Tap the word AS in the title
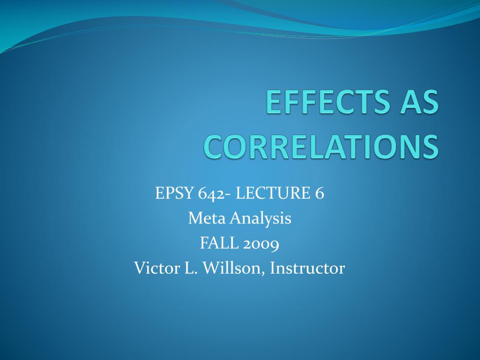pos(418,102)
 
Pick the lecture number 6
pos(319,193)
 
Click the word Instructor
pos(307,268)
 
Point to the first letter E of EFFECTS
pos(273,102)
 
